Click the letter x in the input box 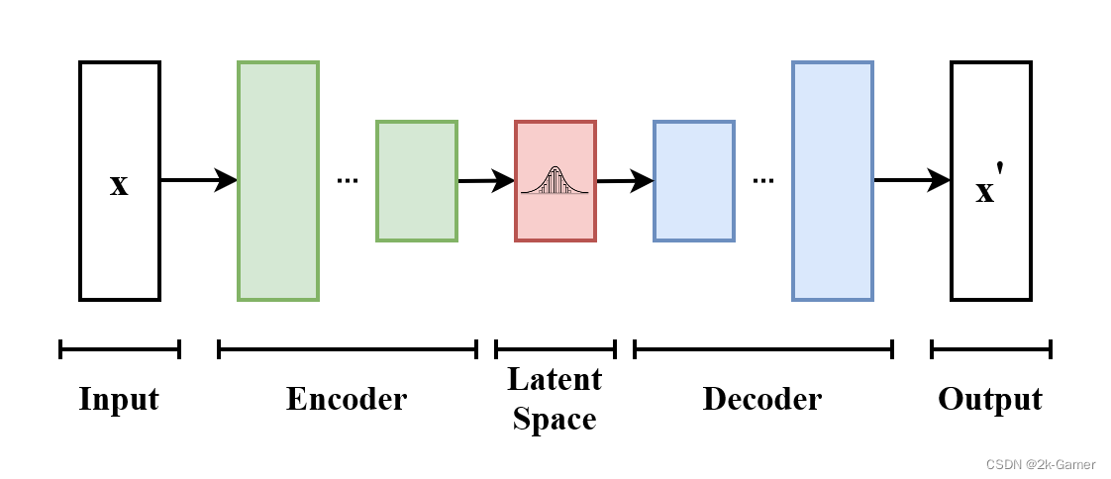119,184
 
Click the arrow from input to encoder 198,180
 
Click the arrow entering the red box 485,181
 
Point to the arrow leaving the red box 625,181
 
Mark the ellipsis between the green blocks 348,181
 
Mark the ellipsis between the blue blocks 763,181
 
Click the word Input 119,399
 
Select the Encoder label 347,399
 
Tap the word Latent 555,379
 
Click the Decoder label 762,399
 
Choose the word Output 990,399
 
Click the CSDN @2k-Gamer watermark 1046,463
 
